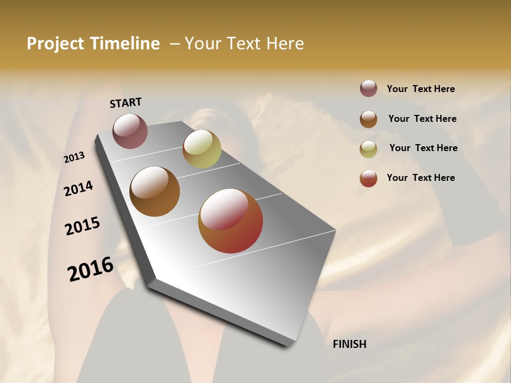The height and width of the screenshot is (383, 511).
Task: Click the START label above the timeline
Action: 126,103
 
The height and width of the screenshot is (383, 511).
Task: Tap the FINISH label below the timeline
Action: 349,344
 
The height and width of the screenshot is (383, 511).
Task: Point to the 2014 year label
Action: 78,188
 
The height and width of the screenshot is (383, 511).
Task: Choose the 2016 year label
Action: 90,269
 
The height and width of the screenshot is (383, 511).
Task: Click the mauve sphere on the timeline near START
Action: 130,131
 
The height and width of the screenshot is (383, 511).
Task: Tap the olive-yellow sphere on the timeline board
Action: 202,149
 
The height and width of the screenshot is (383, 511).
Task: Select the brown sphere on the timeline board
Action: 155,191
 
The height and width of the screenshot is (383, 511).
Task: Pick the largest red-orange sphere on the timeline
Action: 230,221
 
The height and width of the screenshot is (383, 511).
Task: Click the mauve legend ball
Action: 368,88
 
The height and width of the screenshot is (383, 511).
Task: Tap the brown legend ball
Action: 368,119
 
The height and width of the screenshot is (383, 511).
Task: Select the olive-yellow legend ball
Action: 368,148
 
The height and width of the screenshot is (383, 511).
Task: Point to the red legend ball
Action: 368,178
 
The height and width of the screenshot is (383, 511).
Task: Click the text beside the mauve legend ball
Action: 421,89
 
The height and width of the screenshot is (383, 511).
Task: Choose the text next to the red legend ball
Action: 421,178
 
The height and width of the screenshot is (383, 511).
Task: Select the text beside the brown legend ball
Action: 422,119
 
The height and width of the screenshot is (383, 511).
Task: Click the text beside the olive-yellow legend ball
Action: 423,148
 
